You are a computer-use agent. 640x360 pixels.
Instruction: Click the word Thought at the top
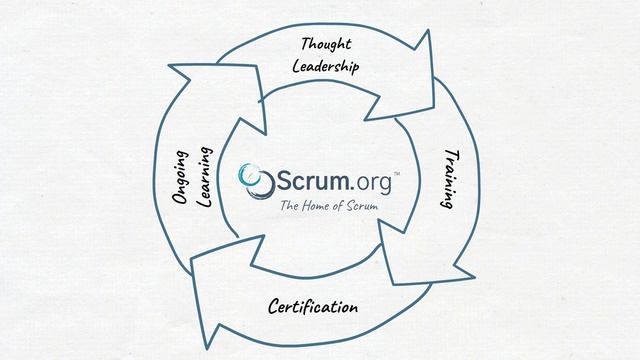[x=327, y=46]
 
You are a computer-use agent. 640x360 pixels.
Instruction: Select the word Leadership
[x=326, y=67]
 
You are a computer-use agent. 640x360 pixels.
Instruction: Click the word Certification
[x=313, y=305]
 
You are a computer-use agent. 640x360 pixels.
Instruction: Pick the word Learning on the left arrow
[x=205, y=176]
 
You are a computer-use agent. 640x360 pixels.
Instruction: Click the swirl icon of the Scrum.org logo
[x=256, y=181]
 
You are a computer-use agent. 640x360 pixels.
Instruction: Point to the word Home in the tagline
[x=320, y=207]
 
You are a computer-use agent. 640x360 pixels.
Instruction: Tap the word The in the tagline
[x=289, y=207]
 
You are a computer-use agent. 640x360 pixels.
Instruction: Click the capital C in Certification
[x=274, y=305]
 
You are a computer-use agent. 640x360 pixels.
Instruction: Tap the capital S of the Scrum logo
[x=284, y=181]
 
